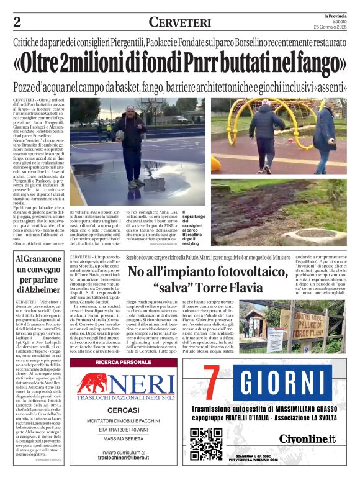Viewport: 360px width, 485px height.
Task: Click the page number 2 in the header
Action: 17,22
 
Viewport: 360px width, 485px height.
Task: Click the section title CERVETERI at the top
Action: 179,22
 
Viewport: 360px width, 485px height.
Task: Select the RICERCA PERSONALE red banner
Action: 123,361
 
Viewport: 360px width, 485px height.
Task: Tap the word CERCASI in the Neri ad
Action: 123,410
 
